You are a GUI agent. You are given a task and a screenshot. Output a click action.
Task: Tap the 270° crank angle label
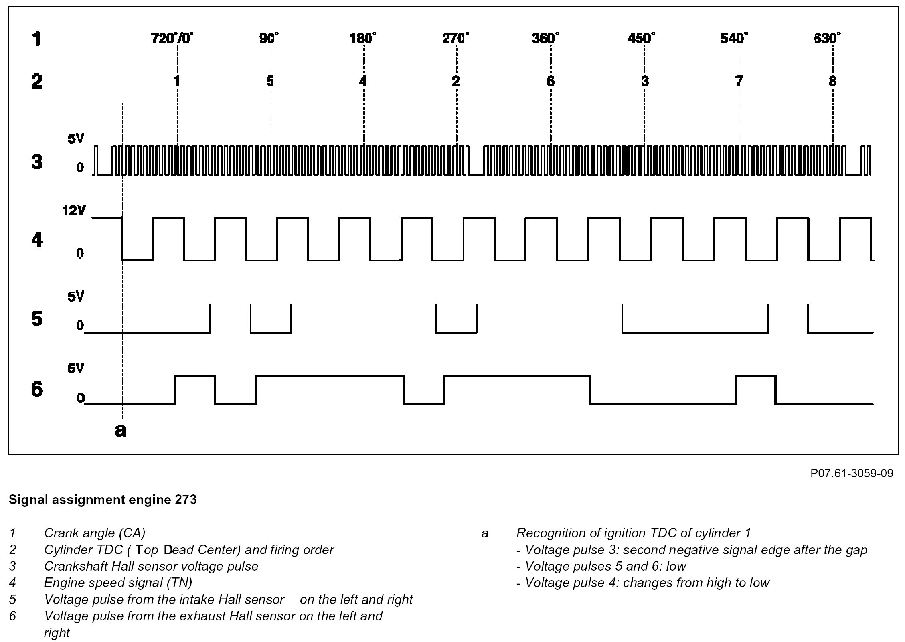point(456,38)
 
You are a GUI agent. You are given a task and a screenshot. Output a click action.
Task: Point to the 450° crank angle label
point(641,38)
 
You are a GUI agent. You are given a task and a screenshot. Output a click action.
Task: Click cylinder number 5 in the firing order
point(270,81)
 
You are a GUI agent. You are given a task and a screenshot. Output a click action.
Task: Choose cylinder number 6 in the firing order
point(551,81)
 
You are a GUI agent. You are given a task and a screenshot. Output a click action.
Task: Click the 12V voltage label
point(74,210)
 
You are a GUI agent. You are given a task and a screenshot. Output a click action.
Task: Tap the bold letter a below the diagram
point(120,430)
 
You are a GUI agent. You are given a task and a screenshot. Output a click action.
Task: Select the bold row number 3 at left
point(37,162)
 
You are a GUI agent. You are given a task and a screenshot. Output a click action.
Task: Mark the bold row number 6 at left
point(37,389)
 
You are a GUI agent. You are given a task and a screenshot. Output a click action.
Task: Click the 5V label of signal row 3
point(76,139)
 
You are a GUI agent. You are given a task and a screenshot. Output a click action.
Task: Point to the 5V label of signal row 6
point(76,368)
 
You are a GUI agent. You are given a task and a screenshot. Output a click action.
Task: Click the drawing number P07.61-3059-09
point(852,474)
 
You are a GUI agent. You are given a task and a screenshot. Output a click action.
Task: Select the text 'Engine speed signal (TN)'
point(118,583)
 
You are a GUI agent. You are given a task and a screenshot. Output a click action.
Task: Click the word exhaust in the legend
point(202,616)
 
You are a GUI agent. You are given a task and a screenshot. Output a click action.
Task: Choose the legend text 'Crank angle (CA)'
point(95,533)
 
